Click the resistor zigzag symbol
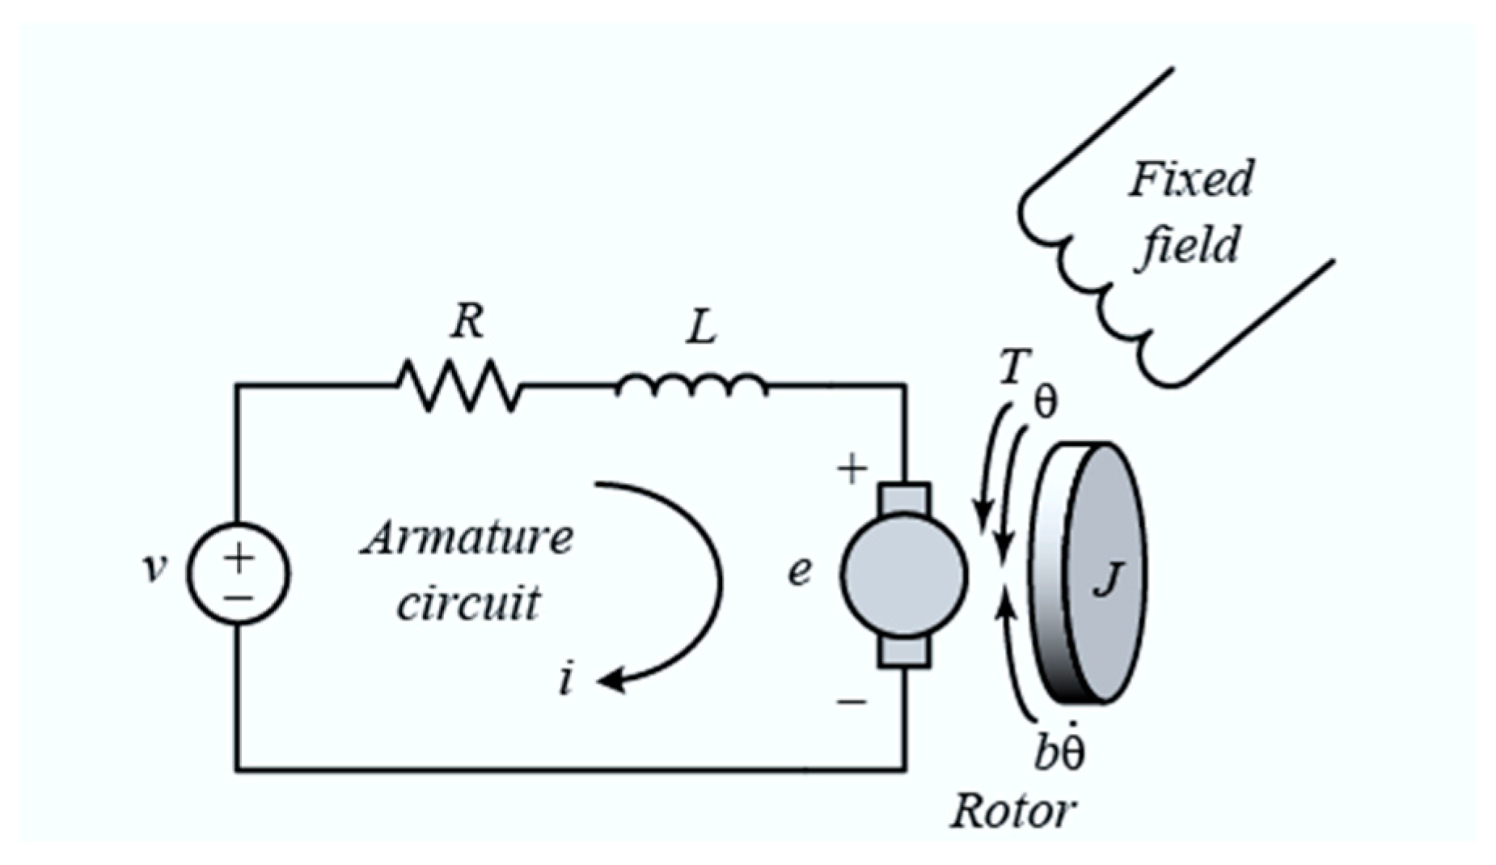point(459,386)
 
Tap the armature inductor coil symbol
point(691,387)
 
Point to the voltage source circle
point(239,573)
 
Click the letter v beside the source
point(154,568)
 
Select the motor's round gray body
point(903,573)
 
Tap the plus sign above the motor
point(852,469)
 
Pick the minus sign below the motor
point(852,701)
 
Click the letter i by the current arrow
point(567,678)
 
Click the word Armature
point(467,538)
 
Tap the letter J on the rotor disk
point(1107,579)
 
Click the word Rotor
point(1012,810)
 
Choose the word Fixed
point(1190,180)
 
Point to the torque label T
point(1012,368)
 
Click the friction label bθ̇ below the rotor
point(1060,751)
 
